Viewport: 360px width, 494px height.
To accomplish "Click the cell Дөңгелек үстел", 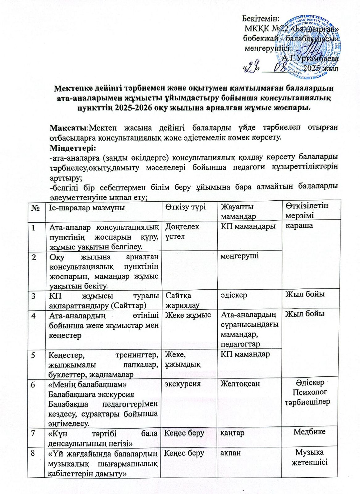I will (182, 231).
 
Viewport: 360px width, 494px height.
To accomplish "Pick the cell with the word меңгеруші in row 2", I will (239, 256).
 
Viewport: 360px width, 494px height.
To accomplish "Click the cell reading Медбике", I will (309, 432).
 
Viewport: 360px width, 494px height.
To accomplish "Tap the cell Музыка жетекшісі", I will (309, 457).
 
